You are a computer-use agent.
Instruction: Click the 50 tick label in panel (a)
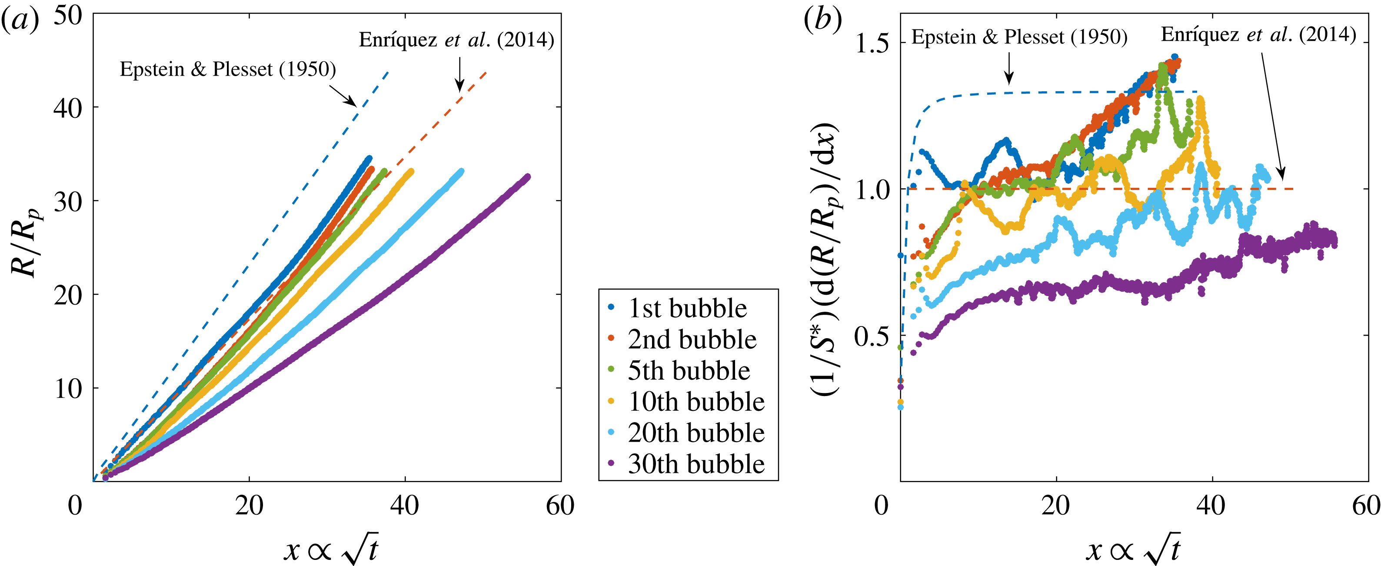click(68, 16)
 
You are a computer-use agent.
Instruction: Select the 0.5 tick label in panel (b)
click(871, 336)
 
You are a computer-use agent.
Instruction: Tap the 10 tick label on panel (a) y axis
click(68, 389)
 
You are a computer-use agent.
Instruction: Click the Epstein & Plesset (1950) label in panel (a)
click(228, 70)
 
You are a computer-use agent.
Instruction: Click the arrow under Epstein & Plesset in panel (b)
click(1009, 68)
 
